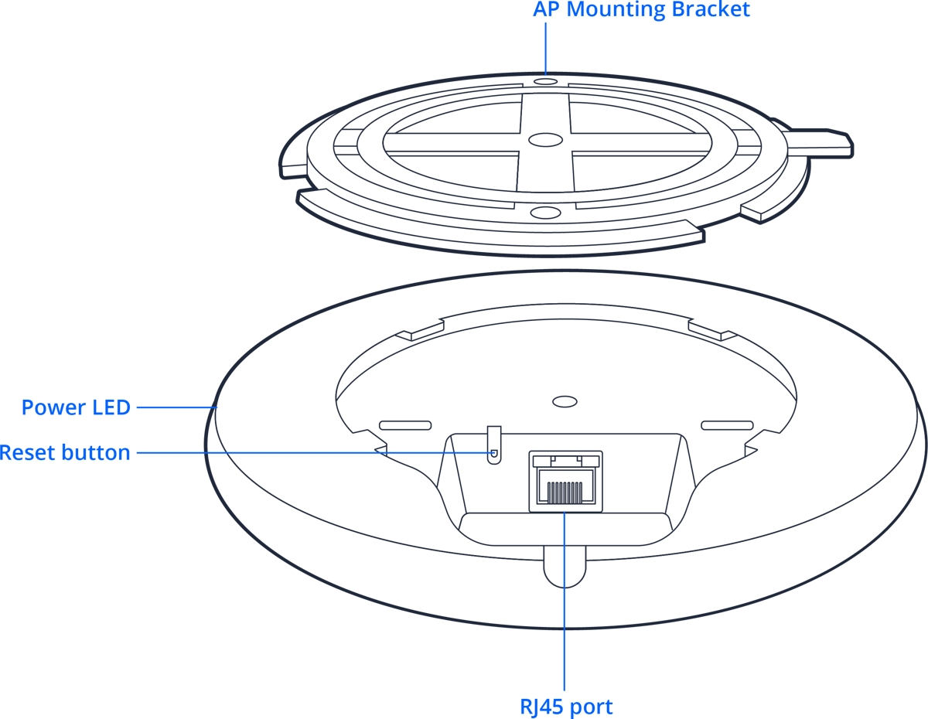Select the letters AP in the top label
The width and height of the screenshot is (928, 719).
click(544, 10)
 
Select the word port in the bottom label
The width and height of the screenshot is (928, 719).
click(592, 706)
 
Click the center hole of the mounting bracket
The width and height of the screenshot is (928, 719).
click(544, 140)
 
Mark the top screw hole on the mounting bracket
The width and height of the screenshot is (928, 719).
click(545, 80)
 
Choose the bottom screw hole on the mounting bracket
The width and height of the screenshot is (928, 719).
click(544, 212)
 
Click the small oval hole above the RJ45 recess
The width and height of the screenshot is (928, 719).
click(565, 402)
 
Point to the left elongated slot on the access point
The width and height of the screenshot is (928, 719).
click(404, 425)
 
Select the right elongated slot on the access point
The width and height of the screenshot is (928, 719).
click(726, 425)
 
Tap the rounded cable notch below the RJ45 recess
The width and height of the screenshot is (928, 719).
click(565, 568)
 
